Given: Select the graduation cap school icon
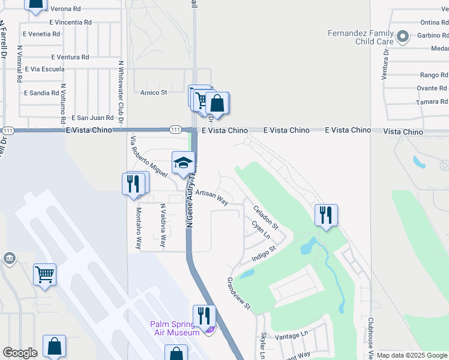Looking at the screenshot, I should point(183,163).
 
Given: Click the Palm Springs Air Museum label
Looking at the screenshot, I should point(175,329).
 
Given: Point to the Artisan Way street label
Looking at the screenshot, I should point(211,198).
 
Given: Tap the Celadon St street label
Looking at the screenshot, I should point(266,218).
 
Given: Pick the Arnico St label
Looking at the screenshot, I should point(154,92).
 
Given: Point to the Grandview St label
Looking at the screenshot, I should point(238,293).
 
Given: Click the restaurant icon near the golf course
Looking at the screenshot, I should point(326,215).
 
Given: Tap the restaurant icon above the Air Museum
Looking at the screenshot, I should point(204,316).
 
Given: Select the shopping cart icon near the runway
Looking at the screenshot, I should point(45,275).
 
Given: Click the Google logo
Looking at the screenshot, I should point(20,353).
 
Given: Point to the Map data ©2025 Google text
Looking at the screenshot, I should point(411,355).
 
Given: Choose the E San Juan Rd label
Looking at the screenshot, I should point(92,118).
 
